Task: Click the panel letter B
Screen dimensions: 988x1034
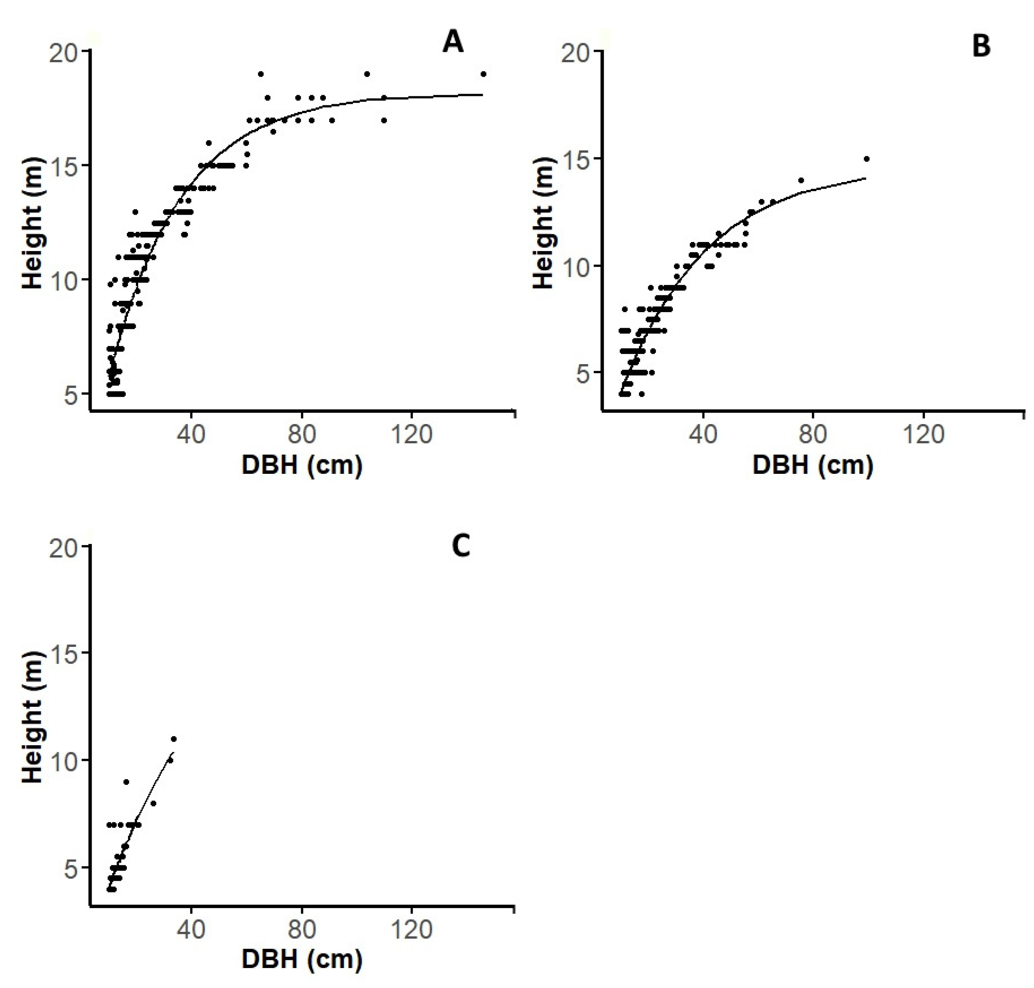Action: tap(981, 46)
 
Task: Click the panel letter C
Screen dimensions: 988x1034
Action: tap(461, 547)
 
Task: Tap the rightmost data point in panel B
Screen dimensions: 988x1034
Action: tap(866, 159)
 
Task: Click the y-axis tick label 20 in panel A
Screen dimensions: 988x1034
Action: tap(63, 52)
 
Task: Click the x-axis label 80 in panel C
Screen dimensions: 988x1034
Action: tap(302, 930)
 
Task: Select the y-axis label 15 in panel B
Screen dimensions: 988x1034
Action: tap(575, 159)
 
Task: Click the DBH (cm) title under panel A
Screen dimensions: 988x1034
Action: tap(302, 466)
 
